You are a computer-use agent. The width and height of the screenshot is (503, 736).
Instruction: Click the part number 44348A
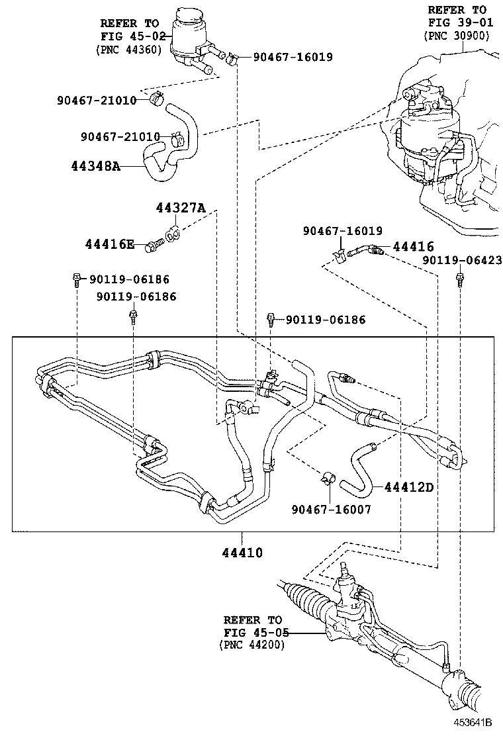point(95,166)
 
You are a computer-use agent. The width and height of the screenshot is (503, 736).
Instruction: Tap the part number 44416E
point(110,245)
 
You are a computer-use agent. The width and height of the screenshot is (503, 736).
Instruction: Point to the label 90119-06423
point(462,261)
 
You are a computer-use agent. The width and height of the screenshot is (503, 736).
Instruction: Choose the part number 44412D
point(409,488)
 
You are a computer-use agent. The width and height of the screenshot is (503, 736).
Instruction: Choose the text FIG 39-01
point(457,23)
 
